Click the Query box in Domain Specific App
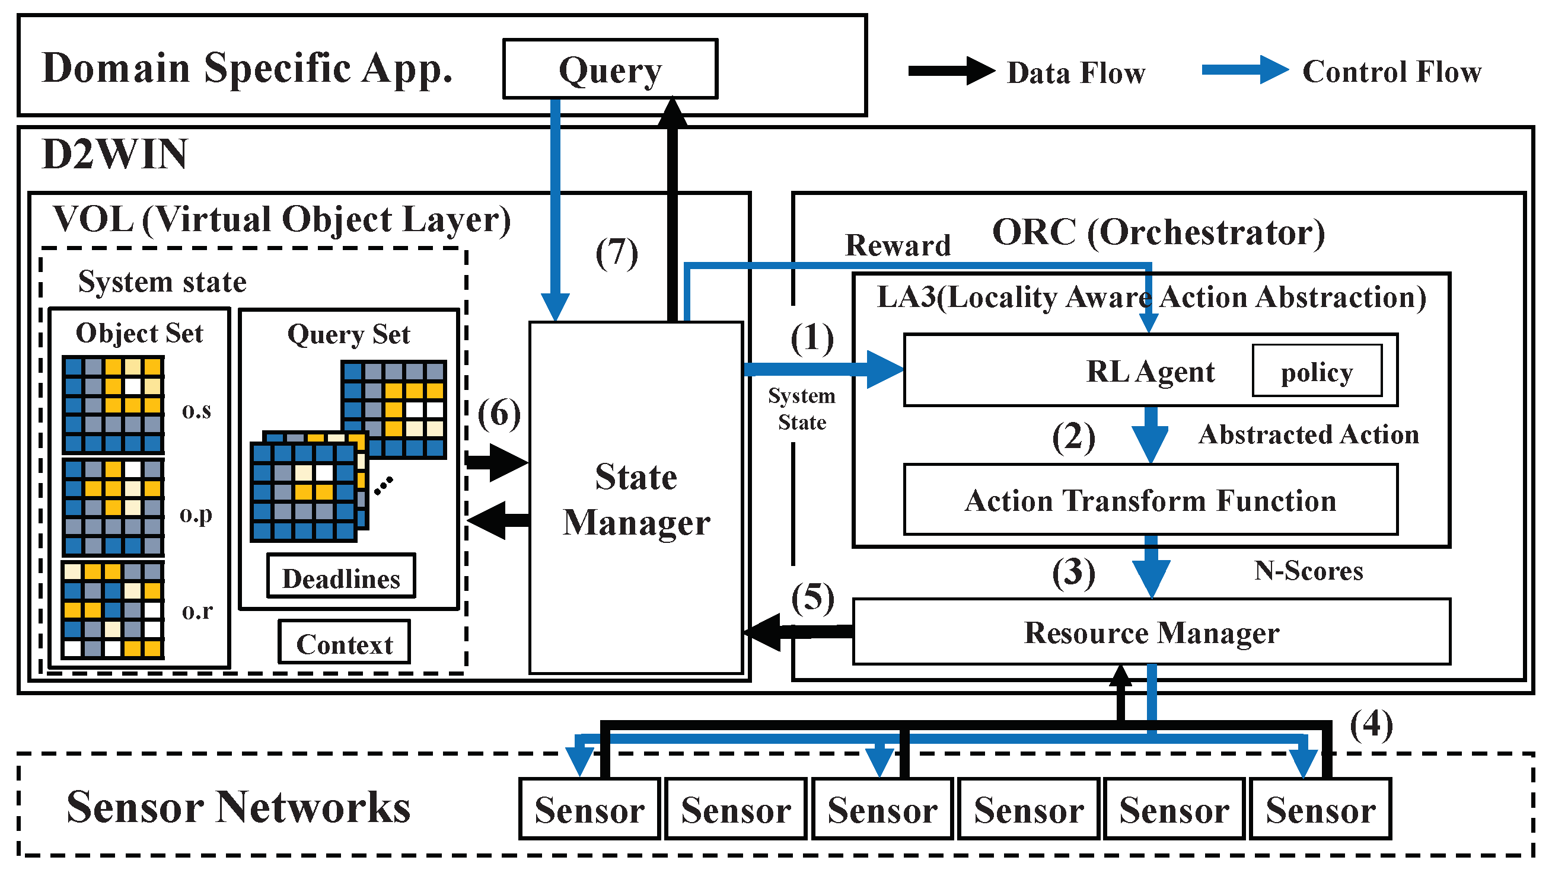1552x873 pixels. pos(610,69)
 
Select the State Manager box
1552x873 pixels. pos(636,498)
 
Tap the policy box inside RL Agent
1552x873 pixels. pos(1317,371)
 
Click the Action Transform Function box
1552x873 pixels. pos(1150,500)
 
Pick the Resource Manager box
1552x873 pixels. pos(1151,632)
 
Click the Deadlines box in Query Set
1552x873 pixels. pos(341,577)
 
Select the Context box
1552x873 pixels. pos(344,642)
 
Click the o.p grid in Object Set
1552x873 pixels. pos(113,507)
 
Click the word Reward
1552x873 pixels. pos(897,245)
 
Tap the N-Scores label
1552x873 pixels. pos(1308,570)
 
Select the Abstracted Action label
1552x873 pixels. pos(1308,434)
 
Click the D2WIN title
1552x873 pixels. pos(114,154)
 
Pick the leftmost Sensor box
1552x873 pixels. pos(589,808)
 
